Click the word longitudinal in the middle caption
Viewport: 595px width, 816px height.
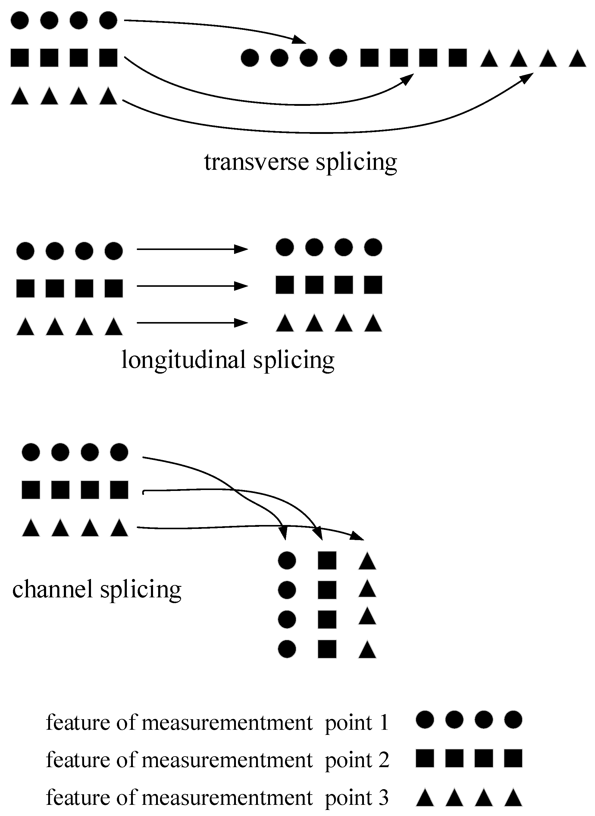[183, 360]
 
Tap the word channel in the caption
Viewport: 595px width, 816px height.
[52, 589]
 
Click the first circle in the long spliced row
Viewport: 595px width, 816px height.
[249, 58]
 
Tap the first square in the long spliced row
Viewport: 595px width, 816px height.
[369, 58]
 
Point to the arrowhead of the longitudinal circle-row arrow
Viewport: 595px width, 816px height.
[241, 249]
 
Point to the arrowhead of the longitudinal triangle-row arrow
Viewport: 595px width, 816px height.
[241, 323]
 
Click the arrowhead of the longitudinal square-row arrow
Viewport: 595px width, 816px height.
[241, 286]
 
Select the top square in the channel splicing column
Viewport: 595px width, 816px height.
[327, 561]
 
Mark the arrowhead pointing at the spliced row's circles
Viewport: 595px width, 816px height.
[299, 39]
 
